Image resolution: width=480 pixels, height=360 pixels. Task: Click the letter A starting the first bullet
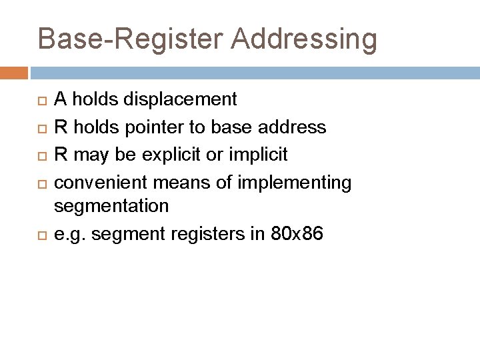click(x=59, y=100)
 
